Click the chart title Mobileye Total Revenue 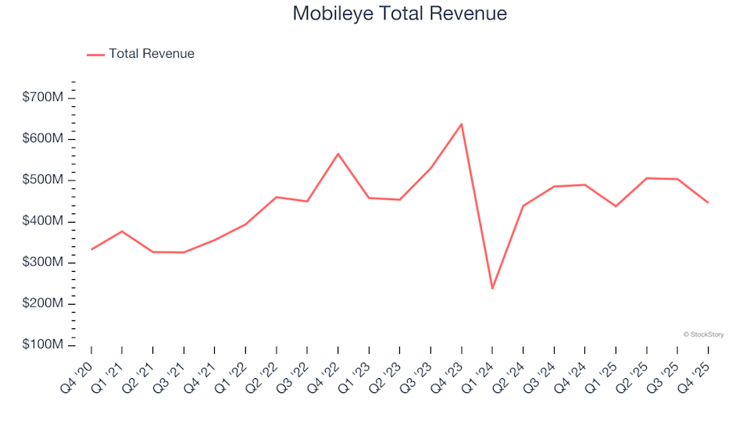tap(399, 13)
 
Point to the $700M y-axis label tap(43, 98)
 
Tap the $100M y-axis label tap(43, 345)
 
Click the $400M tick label tap(43, 221)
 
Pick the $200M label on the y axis tap(43, 303)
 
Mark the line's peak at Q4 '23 tap(461, 123)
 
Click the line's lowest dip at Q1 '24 tap(492, 288)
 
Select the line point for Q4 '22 tap(338, 153)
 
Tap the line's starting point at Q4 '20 tap(91, 249)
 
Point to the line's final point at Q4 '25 tap(708, 202)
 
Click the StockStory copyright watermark tap(703, 334)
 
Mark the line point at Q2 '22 tap(277, 197)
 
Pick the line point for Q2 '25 tap(647, 178)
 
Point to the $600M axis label tap(43, 139)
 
